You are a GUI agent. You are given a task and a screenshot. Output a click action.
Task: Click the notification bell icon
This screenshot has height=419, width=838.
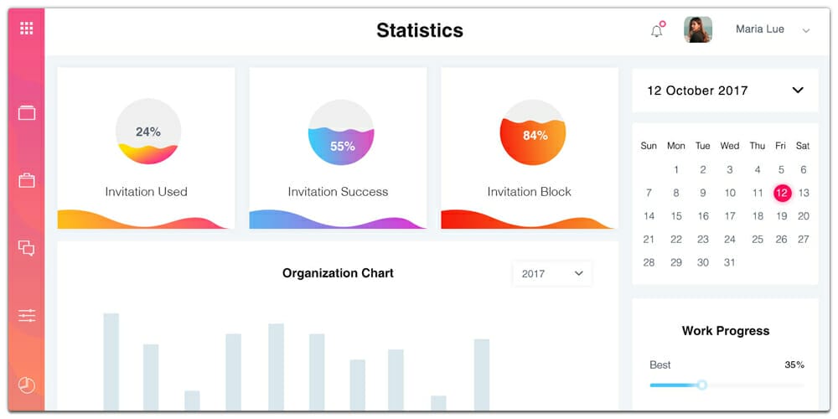point(656,31)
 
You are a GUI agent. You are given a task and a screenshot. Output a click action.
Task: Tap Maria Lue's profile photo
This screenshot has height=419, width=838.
point(698,29)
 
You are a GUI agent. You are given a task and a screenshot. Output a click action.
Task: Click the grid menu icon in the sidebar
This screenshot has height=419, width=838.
point(27,28)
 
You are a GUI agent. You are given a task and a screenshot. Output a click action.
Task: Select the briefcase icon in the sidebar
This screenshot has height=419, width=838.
point(27,180)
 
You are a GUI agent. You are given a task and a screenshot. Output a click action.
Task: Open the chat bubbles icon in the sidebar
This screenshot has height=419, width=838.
point(27,248)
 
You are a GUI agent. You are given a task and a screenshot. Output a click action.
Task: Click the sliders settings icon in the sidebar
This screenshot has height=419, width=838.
point(27,315)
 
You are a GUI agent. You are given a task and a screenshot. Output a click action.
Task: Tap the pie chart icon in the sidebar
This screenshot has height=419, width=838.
point(27,385)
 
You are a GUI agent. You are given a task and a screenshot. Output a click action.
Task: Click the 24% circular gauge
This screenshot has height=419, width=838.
point(147,132)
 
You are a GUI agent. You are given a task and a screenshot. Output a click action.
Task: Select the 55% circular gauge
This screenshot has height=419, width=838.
point(340,132)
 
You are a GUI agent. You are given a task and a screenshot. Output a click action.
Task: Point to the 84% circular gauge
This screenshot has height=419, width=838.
point(532,132)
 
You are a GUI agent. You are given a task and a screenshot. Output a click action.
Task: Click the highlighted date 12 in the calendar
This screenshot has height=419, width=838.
point(781,193)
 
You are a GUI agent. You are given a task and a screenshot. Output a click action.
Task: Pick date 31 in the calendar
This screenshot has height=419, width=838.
point(730,262)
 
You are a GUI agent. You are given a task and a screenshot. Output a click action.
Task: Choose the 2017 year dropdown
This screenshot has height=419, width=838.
point(552,273)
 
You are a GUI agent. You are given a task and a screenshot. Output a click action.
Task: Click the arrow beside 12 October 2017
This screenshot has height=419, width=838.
point(798,91)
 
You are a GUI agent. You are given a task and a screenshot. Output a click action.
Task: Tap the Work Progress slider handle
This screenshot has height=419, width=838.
point(702,385)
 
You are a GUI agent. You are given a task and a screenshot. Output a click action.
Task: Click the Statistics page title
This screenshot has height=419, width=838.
point(419,30)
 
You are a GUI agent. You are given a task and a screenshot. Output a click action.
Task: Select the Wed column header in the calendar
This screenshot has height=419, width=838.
point(730,146)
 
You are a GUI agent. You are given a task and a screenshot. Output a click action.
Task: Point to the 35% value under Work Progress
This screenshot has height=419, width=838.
point(794,365)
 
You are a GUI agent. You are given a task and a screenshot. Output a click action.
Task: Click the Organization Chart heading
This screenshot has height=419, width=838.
point(338,273)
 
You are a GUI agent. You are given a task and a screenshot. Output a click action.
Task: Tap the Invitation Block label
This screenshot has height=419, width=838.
point(529,192)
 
